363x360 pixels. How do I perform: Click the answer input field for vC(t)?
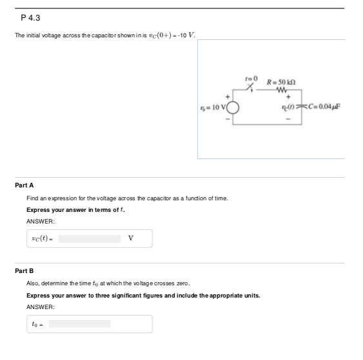click(x=90, y=238)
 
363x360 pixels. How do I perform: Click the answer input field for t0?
click(x=80, y=323)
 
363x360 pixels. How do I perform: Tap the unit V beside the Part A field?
click(x=132, y=238)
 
